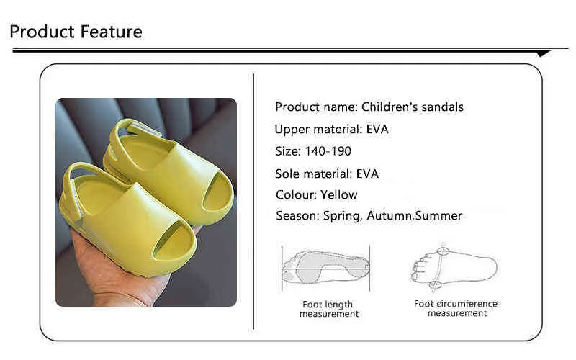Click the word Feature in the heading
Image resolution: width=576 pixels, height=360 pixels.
(x=111, y=32)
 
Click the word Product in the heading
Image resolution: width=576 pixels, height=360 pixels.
(x=42, y=32)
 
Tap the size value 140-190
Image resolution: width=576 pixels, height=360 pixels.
(x=328, y=151)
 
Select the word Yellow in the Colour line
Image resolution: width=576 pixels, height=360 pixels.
(x=338, y=194)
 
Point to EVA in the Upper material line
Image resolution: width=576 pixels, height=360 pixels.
(x=377, y=130)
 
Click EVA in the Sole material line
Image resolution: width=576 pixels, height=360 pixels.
(x=367, y=174)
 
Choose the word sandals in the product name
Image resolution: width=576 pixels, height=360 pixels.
(x=442, y=107)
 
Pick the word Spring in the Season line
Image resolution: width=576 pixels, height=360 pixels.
(x=343, y=216)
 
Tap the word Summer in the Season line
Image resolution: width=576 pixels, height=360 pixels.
(x=438, y=215)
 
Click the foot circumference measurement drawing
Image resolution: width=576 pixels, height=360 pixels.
(x=454, y=267)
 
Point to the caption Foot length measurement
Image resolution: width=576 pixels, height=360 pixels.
(x=329, y=309)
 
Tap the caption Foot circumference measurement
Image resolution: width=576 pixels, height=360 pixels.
(x=456, y=308)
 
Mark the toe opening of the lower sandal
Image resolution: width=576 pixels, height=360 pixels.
(x=173, y=240)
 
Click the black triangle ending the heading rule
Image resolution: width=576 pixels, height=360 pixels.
(x=543, y=53)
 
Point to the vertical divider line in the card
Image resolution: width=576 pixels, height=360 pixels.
(x=253, y=202)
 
